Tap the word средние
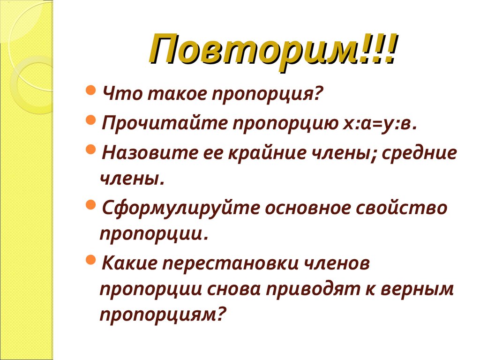419,153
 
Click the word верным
419,289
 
